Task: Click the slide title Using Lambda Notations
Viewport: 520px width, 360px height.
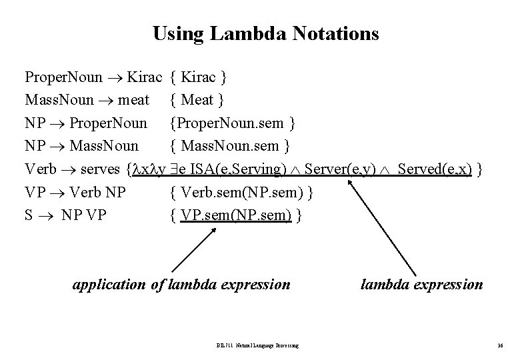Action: coord(265,33)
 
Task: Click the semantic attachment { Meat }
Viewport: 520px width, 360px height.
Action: coord(197,100)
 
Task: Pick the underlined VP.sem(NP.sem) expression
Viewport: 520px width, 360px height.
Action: coord(236,215)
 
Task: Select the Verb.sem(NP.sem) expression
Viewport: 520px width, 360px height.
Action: coord(243,193)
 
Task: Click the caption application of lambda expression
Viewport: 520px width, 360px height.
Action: coord(181,285)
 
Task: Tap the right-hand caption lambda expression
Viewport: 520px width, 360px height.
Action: coord(421,285)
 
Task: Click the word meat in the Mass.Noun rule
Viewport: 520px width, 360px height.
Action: coord(135,100)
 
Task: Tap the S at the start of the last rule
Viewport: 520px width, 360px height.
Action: coord(29,215)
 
